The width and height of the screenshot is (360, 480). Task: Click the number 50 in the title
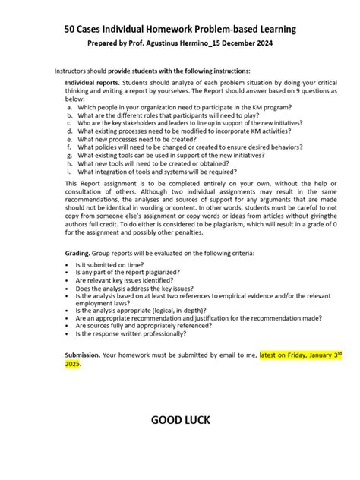(x=72, y=29)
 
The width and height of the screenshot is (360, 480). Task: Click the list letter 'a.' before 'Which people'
(x=69, y=108)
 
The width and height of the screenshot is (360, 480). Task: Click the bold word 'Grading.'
(x=80, y=253)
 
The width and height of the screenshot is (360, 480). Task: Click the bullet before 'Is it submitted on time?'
(x=68, y=266)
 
